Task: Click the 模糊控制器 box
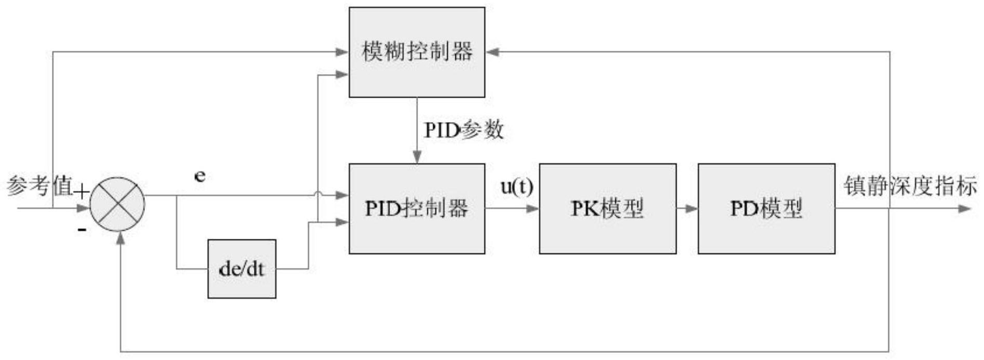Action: click(x=416, y=52)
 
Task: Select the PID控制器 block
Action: click(x=416, y=208)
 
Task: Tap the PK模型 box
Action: click(x=607, y=208)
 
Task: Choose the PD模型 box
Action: click(x=766, y=208)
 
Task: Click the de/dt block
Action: click(x=241, y=269)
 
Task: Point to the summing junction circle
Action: click(x=117, y=204)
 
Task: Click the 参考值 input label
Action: click(x=39, y=186)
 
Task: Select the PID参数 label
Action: click(x=464, y=130)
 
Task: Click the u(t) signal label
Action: click(x=517, y=187)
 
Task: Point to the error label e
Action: click(x=199, y=177)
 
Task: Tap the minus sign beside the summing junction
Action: click(x=82, y=229)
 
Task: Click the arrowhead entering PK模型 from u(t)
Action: click(x=533, y=209)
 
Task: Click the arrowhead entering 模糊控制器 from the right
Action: click(x=492, y=52)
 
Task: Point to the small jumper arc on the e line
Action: click(x=317, y=195)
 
